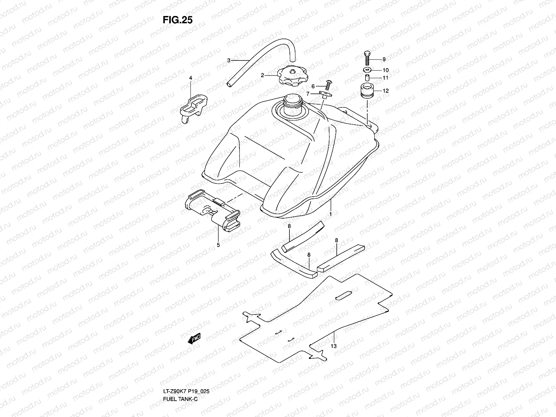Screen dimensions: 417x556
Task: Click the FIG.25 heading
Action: pos(177,20)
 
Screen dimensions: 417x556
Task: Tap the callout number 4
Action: pos(190,78)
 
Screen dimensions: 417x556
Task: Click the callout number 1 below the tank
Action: pos(330,215)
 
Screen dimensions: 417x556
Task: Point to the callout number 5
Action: pos(218,245)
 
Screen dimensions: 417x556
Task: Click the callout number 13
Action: pos(334,346)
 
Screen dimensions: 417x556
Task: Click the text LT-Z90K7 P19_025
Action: pos(186,391)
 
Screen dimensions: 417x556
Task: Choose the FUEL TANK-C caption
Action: pos(180,399)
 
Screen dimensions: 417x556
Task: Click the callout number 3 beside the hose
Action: pos(238,60)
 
